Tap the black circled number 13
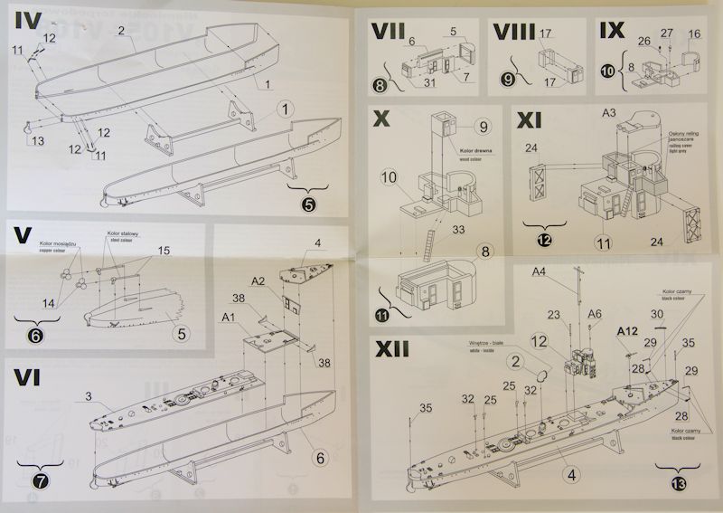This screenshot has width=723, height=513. tap(679, 481)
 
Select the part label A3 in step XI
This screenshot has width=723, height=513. tap(608, 113)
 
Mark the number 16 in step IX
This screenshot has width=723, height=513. tap(694, 33)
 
